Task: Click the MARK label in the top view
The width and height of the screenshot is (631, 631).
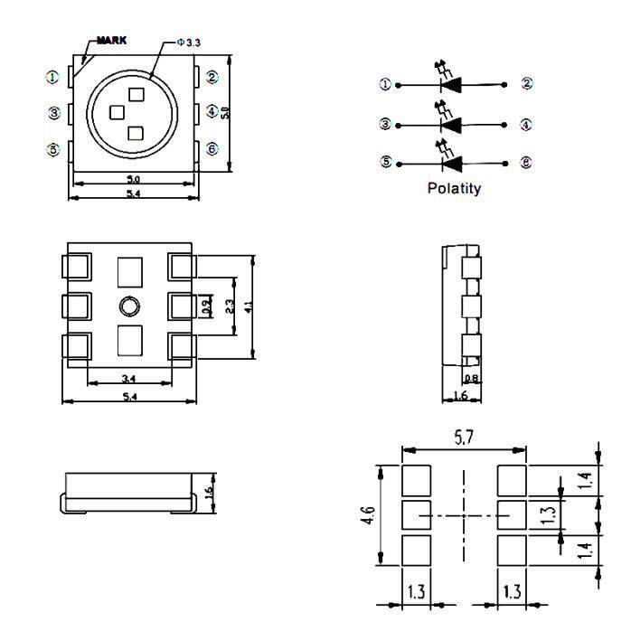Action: [112, 41]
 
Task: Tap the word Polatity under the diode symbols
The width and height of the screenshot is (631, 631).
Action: [454, 189]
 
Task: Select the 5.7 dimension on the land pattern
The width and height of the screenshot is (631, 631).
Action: [465, 438]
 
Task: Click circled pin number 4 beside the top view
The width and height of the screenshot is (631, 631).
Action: [212, 112]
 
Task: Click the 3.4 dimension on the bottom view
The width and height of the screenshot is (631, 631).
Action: [128, 378]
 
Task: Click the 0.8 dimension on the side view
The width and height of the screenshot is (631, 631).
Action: [470, 379]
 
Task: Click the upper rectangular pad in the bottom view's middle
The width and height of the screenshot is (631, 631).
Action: [130, 270]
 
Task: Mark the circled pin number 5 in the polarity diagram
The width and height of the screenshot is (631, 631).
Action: [386, 163]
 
